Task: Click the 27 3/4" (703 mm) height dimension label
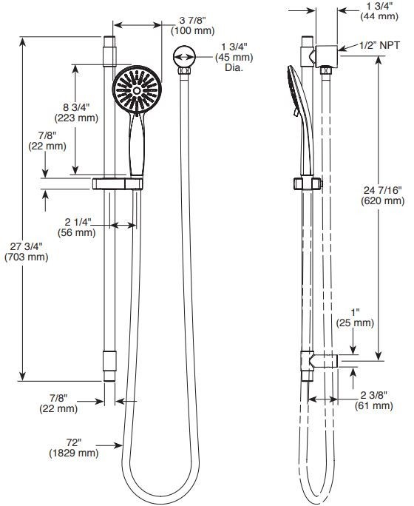pyautogui.click(x=27, y=252)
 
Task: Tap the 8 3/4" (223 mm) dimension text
pyautogui.click(x=76, y=112)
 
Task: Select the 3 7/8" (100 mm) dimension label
pyautogui.click(x=192, y=25)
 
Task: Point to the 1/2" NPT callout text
pyautogui.click(x=379, y=45)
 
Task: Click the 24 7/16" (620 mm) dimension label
pyautogui.click(x=383, y=195)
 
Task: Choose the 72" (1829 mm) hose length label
pyautogui.click(x=74, y=448)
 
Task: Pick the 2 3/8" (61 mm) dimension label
pyautogui.click(x=373, y=400)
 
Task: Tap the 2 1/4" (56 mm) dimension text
pyautogui.click(x=77, y=227)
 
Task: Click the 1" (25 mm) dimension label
pyautogui.click(x=355, y=317)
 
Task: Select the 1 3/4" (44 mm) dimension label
pyautogui.click(x=379, y=10)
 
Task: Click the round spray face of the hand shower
pyautogui.click(x=137, y=90)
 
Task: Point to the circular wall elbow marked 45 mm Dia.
pyautogui.click(x=184, y=57)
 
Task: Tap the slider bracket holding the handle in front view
pyautogui.click(x=118, y=183)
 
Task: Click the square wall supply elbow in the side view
pyautogui.click(x=327, y=56)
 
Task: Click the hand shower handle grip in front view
pyautogui.click(x=137, y=144)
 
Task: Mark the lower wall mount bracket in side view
pyautogui.click(x=319, y=360)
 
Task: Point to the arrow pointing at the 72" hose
pyautogui.click(x=109, y=445)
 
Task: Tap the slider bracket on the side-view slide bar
pyautogui.click(x=308, y=183)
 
